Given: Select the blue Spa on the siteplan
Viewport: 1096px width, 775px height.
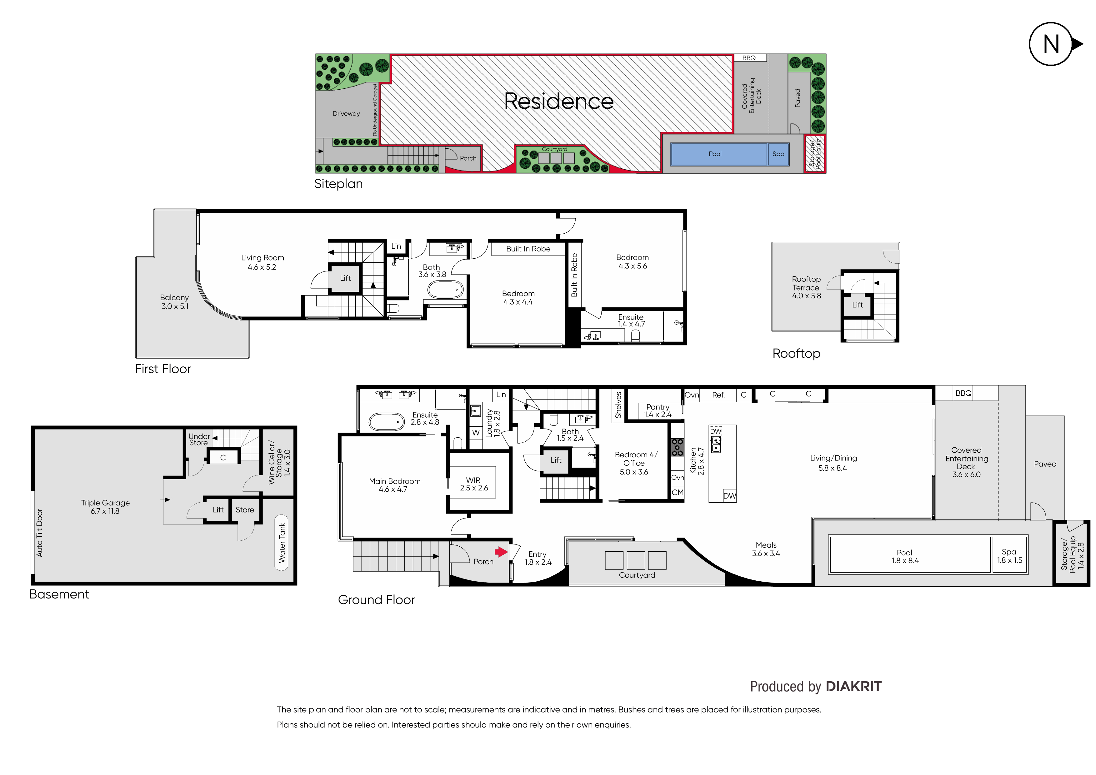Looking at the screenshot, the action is (778, 154).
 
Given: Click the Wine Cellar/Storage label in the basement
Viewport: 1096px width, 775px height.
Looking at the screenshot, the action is (279, 462).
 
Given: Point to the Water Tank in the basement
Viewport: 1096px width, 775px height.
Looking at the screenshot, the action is (282, 543).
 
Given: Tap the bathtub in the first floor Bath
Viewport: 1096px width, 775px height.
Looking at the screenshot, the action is (445, 289).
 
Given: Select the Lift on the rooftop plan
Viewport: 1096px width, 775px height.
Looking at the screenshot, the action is (857, 305).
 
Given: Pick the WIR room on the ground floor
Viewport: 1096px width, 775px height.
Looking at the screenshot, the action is (473, 484).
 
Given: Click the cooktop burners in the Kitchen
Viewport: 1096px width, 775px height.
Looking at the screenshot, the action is (677, 447).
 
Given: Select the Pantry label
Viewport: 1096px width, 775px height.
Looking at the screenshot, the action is (658, 407).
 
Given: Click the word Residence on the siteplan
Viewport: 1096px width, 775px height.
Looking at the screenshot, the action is (558, 101).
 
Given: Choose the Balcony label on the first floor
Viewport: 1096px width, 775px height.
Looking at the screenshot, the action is (174, 298).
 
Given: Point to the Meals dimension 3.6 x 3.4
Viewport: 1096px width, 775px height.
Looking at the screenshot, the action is (766, 554).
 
